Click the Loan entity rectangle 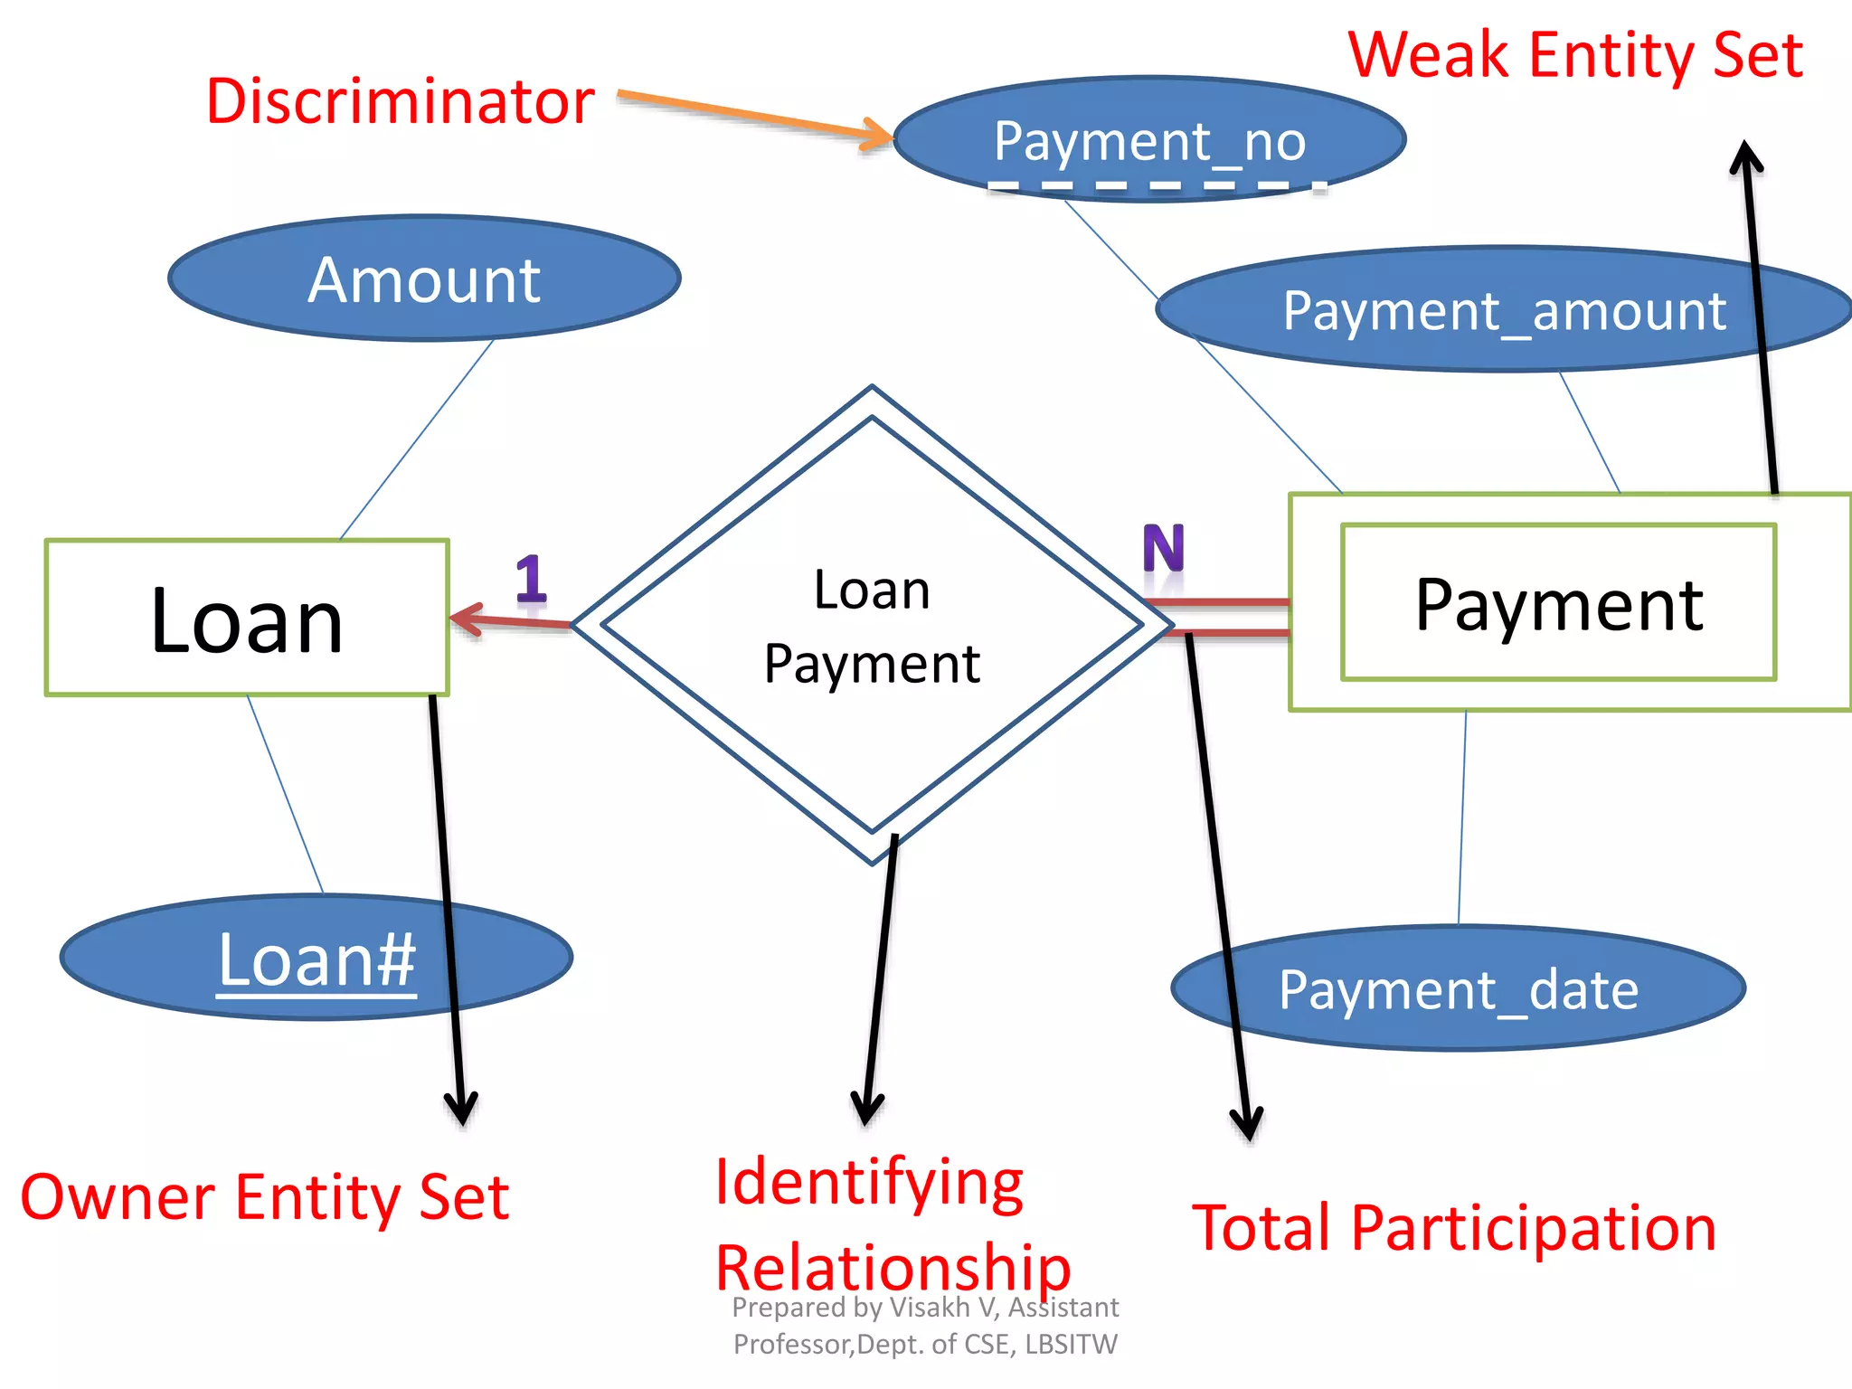(246, 618)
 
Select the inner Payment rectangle (1558, 602)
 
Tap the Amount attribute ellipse (423, 279)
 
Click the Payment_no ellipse (1148, 140)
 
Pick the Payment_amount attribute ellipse (1503, 310)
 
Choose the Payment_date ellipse (1458, 988)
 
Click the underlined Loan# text (317, 960)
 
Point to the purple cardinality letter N (1163, 549)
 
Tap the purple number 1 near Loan (531, 579)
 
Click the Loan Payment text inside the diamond (872, 627)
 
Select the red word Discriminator (400, 101)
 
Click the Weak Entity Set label (1575, 56)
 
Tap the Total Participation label (1453, 1227)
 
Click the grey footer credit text (925, 1325)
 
